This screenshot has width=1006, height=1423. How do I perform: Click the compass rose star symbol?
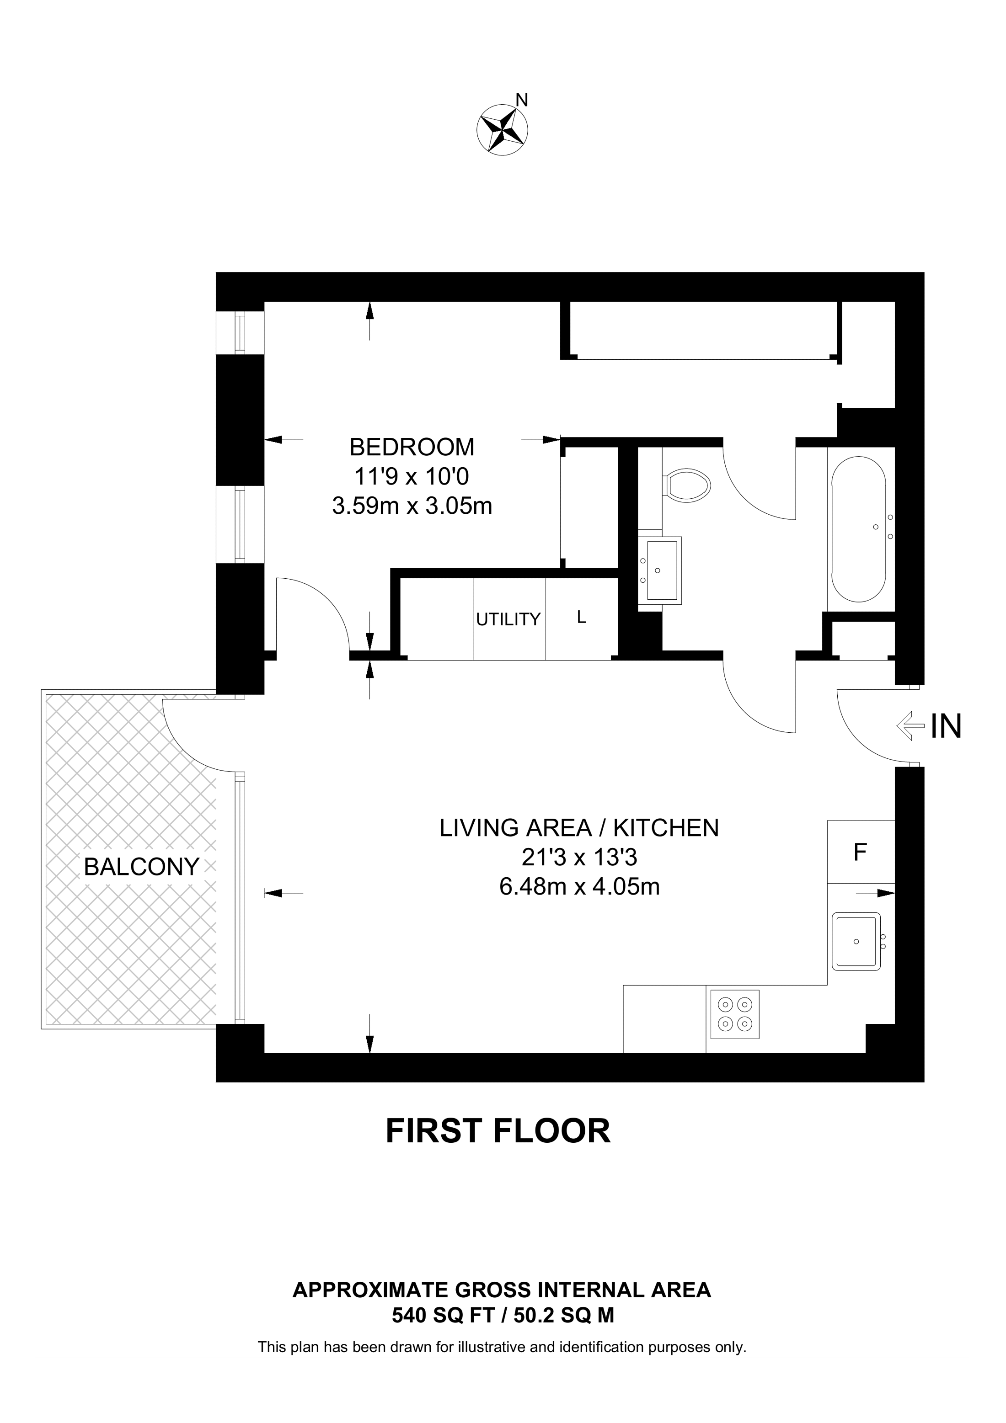pyautogui.click(x=502, y=130)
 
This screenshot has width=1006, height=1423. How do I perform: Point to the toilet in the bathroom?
pyautogui.click(x=686, y=484)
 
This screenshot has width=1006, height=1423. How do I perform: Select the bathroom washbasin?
pyautogui.click(x=660, y=570)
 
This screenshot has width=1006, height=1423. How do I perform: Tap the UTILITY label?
pyautogui.click(x=508, y=619)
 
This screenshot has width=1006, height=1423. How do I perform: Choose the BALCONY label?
pyautogui.click(x=141, y=866)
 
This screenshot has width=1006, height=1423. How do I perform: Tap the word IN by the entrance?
pyautogui.click(x=946, y=726)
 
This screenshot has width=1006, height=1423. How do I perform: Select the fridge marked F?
pyautogui.click(x=861, y=852)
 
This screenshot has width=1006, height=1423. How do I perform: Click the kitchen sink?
pyautogui.click(x=856, y=942)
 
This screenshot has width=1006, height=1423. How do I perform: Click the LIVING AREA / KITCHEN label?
pyautogui.click(x=579, y=827)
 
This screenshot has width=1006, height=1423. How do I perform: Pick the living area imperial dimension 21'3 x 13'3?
pyautogui.click(x=579, y=857)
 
